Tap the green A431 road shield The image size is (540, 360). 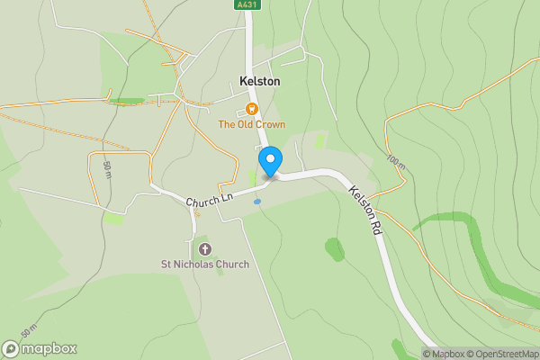[247, 4]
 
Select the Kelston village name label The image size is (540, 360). [259, 81]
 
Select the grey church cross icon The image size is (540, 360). [203, 248]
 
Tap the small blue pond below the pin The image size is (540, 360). [257, 202]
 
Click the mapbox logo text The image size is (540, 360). [49, 348]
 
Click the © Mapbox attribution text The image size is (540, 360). [445, 354]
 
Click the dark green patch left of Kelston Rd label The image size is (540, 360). [334, 248]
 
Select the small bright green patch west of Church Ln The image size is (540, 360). [113, 219]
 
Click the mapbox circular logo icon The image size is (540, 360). [11, 348]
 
